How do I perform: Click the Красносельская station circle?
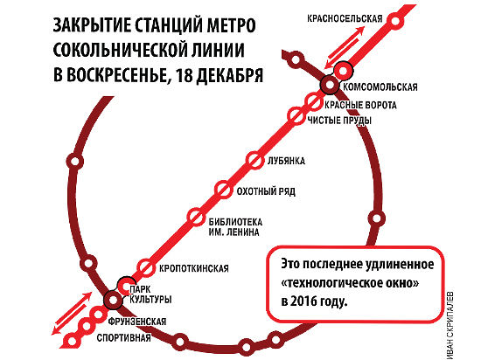pyautogui.click(x=395, y=21)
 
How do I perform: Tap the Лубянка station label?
pyautogui.click(x=286, y=161)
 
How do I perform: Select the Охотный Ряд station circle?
pyautogui.click(x=223, y=190)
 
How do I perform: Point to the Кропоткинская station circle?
pyautogui.click(x=146, y=267)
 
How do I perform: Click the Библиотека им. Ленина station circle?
pyautogui.click(x=195, y=217)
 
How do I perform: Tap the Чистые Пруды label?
pyautogui.click(x=339, y=120)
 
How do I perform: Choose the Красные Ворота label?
pyautogui.click(x=360, y=105)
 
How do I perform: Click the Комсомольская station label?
pyautogui.click(x=380, y=87)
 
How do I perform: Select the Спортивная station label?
pyautogui.click(x=123, y=338)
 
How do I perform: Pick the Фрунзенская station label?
pyautogui.click(x=137, y=322)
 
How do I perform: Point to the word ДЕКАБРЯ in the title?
pyautogui.click(x=229, y=75)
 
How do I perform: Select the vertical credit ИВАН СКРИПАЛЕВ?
pyautogui.click(x=450, y=325)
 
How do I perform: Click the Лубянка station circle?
pyautogui.click(x=254, y=160)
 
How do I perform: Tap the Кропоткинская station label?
pyautogui.click(x=194, y=269)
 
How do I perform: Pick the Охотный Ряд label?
pyautogui.click(x=266, y=191)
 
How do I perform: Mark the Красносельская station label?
pyautogui.click(x=345, y=18)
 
